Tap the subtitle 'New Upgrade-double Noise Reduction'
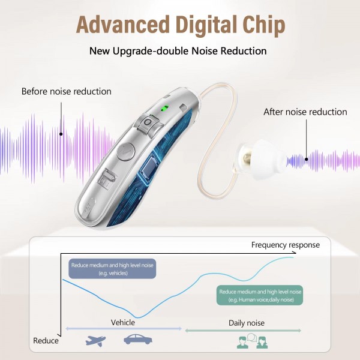(178, 50)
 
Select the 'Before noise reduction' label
(66, 91)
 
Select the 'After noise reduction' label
(305, 112)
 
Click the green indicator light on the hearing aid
(164, 109)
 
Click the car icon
(137, 340)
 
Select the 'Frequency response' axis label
(285, 245)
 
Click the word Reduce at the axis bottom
(46, 341)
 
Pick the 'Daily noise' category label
(246, 323)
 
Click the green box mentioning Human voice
(260, 295)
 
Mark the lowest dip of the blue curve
(139, 317)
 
